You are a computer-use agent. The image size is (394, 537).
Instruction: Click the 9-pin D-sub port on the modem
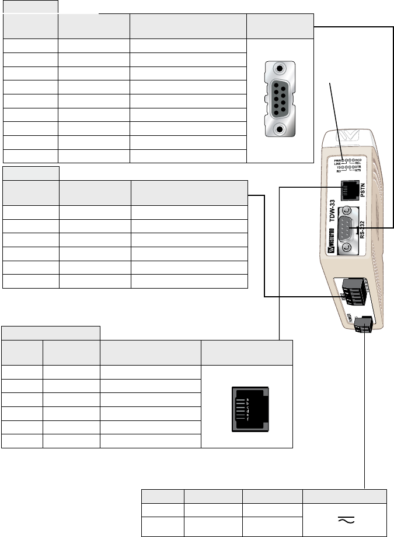coord(348,227)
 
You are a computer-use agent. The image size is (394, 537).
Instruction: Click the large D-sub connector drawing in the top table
coord(281,100)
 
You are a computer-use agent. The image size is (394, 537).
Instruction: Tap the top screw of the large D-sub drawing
coord(281,69)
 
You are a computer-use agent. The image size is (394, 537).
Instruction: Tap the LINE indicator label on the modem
coord(337,163)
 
